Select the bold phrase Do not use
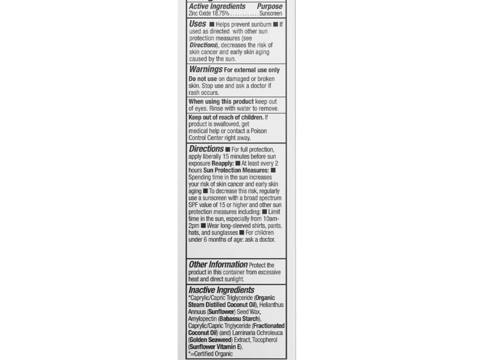coord(203,79)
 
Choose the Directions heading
coord(206,148)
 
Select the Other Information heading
coord(218,264)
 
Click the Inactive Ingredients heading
coord(221,290)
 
